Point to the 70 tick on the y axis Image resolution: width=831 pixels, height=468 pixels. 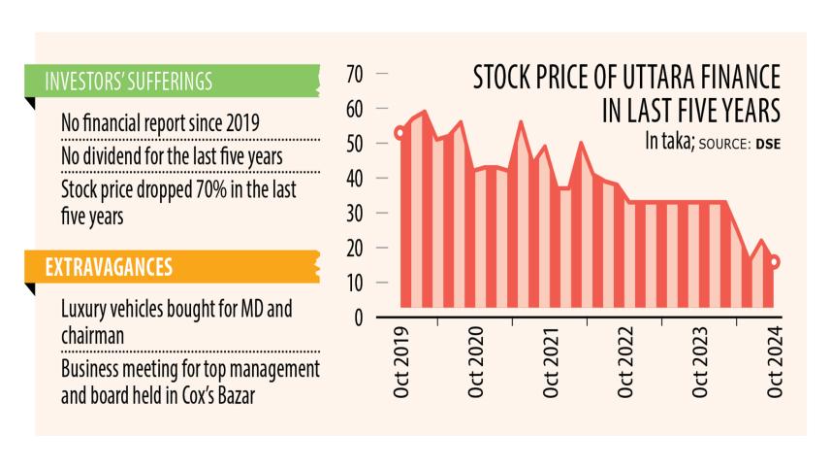tap(354, 74)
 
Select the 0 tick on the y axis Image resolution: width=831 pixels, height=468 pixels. tap(357, 318)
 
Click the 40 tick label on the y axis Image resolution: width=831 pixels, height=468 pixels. tap(354, 179)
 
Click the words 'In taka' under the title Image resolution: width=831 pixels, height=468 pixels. tap(669, 142)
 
